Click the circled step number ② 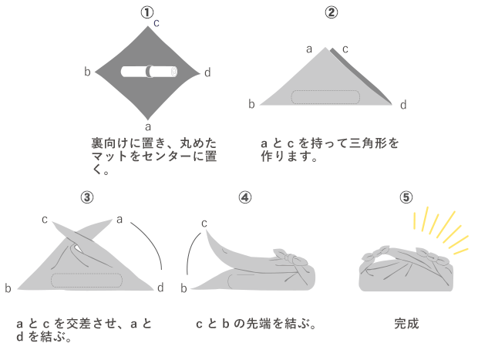click(331, 12)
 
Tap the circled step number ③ click(87, 197)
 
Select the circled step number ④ click(244, 197)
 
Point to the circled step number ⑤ click(406, 197)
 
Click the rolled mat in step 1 click(150, 72)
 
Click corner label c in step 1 click(157, 23)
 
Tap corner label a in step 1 click(147, 125)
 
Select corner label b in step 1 click(88, 72)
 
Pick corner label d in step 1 click(207, 72)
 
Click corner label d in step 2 click(402, 104)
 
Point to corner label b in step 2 click(251, 103)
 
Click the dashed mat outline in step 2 click(325, 97)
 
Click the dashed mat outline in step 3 click(86, 279)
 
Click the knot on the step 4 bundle click(282, 252)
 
